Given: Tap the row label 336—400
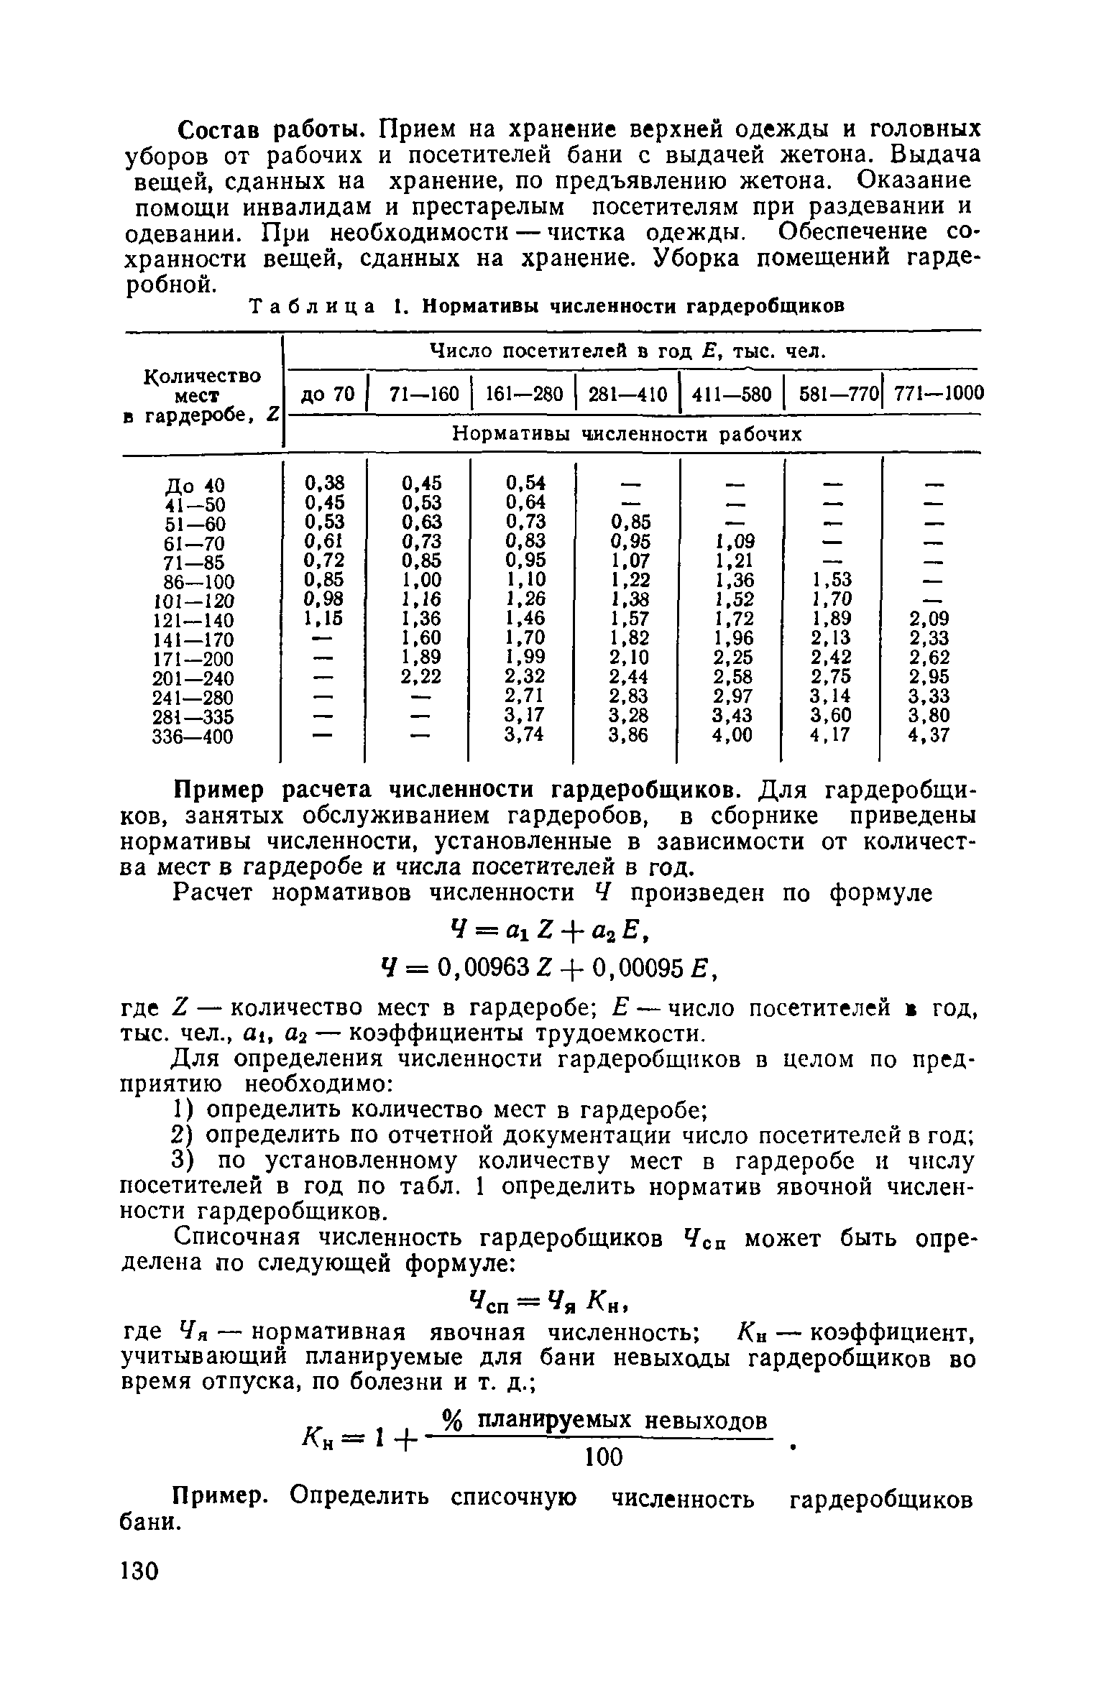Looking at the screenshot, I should click(x=193, y=737).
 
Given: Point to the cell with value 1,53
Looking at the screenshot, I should click(x=832, y=580).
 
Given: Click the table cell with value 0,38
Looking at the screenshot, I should click(x=324, y=482).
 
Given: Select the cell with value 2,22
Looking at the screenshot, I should click(x=420, y=677).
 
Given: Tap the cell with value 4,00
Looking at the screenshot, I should click(x=732, y=736).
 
